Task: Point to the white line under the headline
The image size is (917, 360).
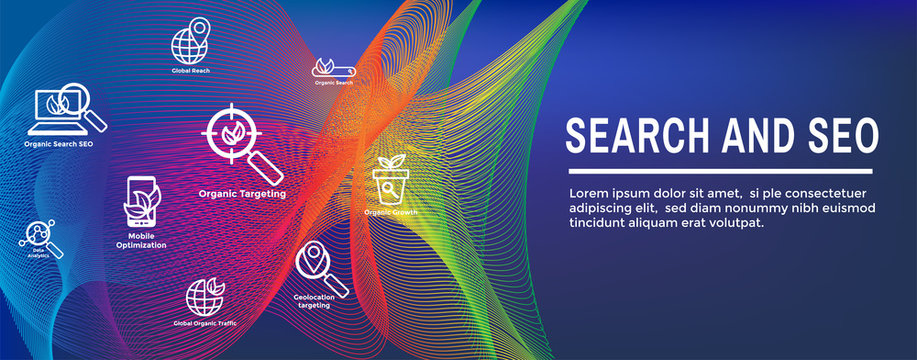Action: pyautogui.click(x=718, y=171)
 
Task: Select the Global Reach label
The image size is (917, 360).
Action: pyautogui.click(x=190, y=72)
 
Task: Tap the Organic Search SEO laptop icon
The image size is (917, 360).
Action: pyautogui.click(x=66, y=110)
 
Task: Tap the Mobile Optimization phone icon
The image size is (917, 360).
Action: pyautogui.click(x=141, y=202)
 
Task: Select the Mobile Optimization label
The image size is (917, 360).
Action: pyautogui.click(x=141, y=240)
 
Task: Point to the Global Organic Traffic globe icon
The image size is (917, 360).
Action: pyautogui.click(x=205, y=297)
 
